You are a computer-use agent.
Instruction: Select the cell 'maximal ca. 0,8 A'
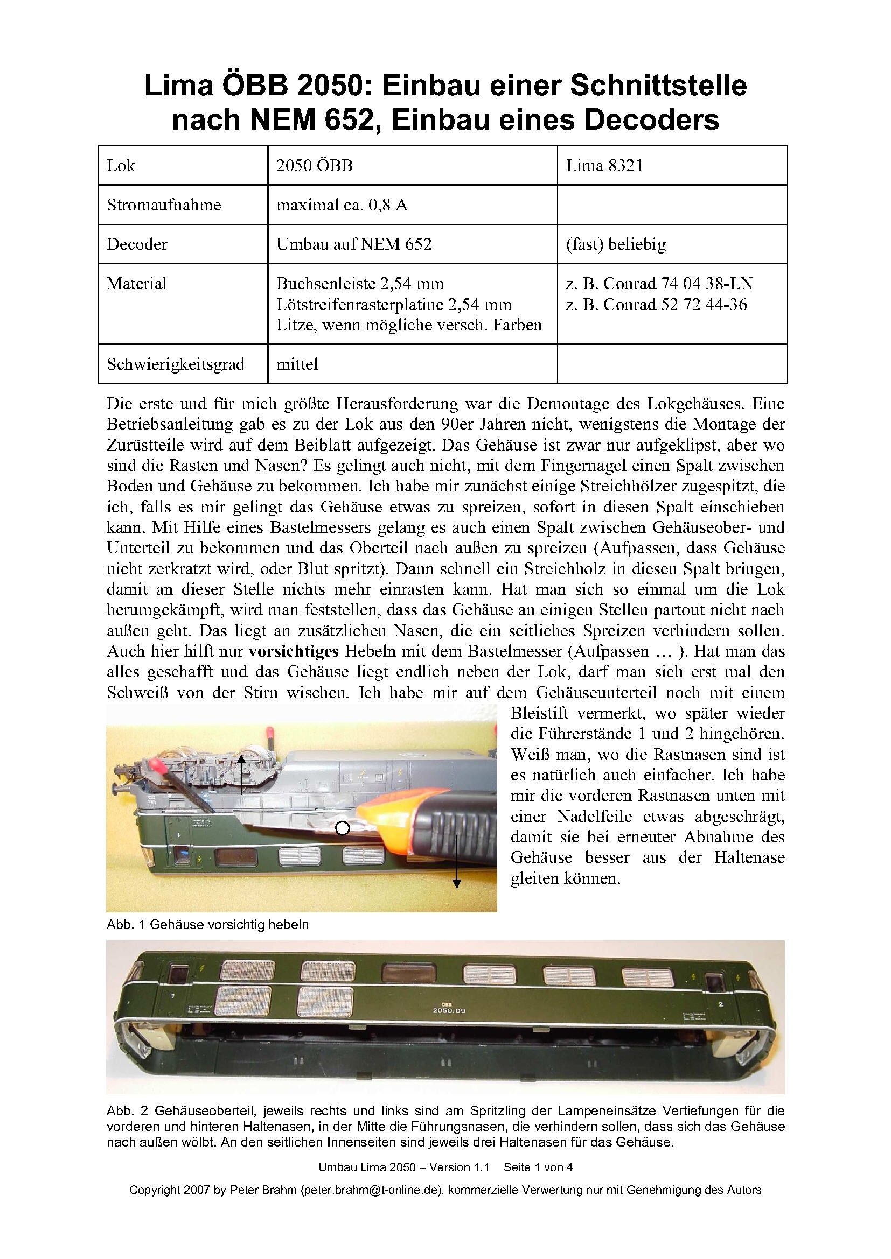(342, 205)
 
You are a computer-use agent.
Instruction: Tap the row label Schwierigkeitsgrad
(176, 363)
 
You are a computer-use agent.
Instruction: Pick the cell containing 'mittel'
(297, 363)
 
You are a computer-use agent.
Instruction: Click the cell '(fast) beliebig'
(616, 244)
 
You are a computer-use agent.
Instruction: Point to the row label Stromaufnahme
(164, 205)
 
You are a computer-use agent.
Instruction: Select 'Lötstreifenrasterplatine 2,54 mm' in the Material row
(394, 304)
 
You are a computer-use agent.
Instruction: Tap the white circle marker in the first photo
(343, 828)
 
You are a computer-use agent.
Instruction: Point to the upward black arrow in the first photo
(242, 775)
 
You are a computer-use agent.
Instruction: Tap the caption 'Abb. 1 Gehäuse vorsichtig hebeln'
(207, 925)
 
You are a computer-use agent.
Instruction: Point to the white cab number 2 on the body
(720, 1004)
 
